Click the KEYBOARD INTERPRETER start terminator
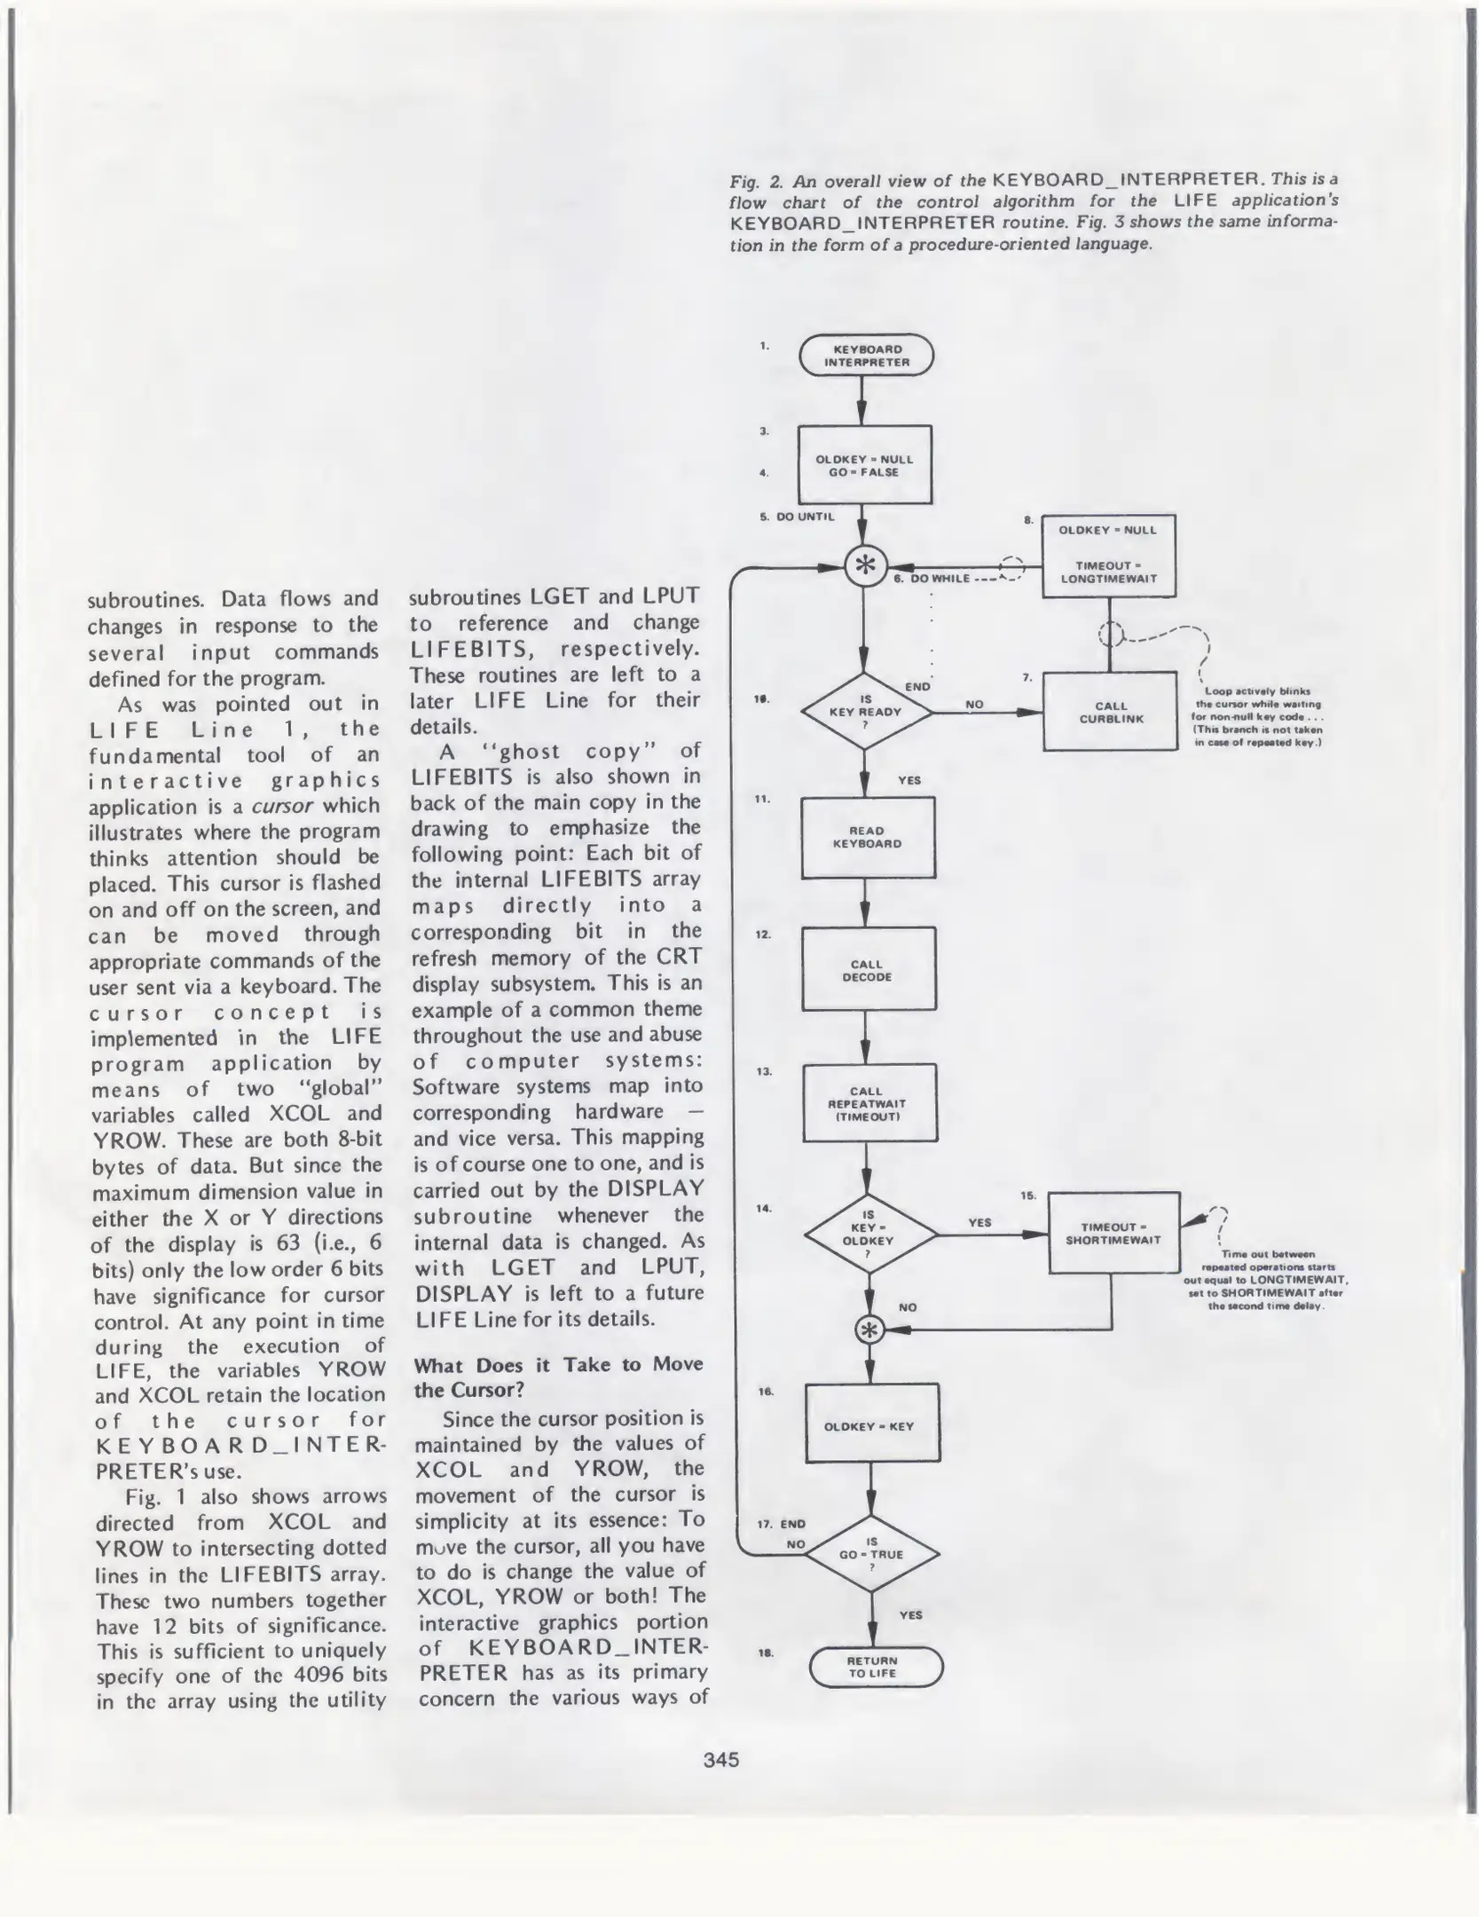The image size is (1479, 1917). coord(866,356)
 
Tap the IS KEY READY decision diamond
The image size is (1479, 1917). coord(865,712)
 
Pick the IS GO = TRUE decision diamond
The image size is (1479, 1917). coord(871,1554)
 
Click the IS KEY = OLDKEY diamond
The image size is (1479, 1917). coord(869,1234)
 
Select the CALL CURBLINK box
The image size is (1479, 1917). coord(1110,712)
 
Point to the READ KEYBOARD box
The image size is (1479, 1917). coord(868,837)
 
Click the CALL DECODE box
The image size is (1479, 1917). coord(868,970)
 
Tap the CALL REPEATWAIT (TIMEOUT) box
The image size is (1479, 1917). coord(869,1103)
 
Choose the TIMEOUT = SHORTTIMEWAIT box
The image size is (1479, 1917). coord(1113,1233)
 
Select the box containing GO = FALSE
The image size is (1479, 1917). coord(864,465)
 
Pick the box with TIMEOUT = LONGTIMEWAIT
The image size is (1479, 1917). coord(1108,556)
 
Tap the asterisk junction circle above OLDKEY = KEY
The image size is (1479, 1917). coord(869,1329)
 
